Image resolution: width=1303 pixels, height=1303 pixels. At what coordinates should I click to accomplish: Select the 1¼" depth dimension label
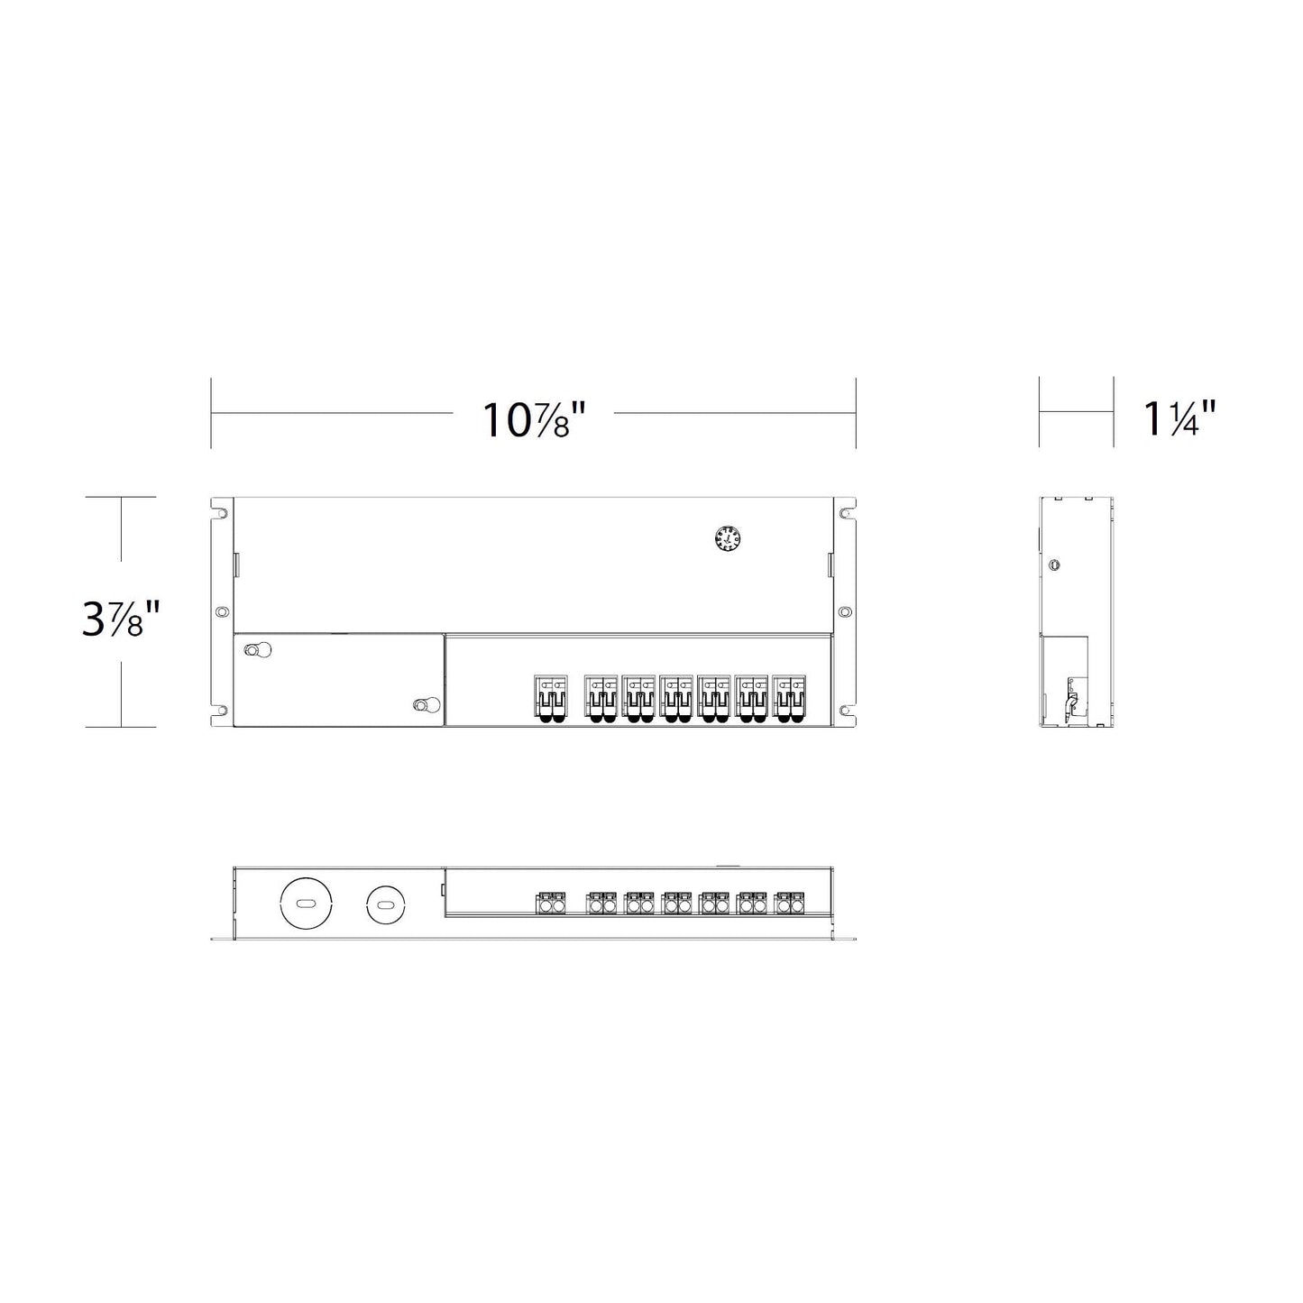point(1179,418)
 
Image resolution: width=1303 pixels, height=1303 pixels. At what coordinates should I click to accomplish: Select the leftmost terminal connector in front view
point(552,699)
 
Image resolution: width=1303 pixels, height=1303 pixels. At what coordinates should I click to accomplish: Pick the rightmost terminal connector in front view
point(788,699)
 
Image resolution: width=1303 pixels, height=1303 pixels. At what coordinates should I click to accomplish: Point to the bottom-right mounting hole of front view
point(845,711)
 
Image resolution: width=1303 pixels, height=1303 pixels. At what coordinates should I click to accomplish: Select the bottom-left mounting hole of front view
point(221,711)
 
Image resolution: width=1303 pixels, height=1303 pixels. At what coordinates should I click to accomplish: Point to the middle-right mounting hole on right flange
point(844,611)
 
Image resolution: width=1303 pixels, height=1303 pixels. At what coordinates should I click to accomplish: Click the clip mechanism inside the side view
point(1072,700)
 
